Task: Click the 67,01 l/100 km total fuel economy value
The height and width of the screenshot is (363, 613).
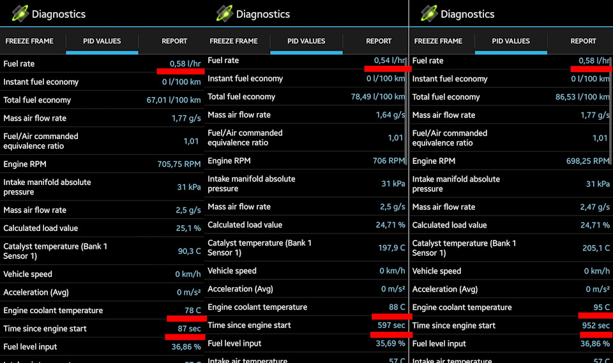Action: pos(174,100)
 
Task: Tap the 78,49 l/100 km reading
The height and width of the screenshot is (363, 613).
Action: pos(378,97)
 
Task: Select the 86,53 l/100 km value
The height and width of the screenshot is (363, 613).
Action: pos(582,97)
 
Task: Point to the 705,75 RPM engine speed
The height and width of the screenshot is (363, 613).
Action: pos(179,164)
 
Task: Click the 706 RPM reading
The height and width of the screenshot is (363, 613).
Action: pos(388,161)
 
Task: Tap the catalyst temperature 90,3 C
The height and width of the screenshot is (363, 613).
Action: pos(189,251)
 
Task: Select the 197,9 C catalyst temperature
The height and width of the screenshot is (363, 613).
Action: pos(391,248)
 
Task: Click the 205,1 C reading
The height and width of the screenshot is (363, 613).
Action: pos(596,248)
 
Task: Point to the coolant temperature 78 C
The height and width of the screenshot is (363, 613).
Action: pos(193,311)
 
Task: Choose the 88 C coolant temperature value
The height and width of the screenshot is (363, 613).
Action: pos(397,307)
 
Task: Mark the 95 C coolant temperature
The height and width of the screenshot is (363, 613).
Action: pos(602,307)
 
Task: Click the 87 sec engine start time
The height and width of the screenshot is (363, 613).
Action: pos(189,329)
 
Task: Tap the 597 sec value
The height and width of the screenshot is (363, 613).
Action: pos(391,325)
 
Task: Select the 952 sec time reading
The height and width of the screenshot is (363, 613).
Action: pos(595,325)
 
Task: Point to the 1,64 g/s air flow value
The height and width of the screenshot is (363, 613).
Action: pos(390,115)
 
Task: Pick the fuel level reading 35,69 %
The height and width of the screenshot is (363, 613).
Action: pos(389,343)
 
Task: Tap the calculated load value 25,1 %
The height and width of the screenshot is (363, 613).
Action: pos(186,228)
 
